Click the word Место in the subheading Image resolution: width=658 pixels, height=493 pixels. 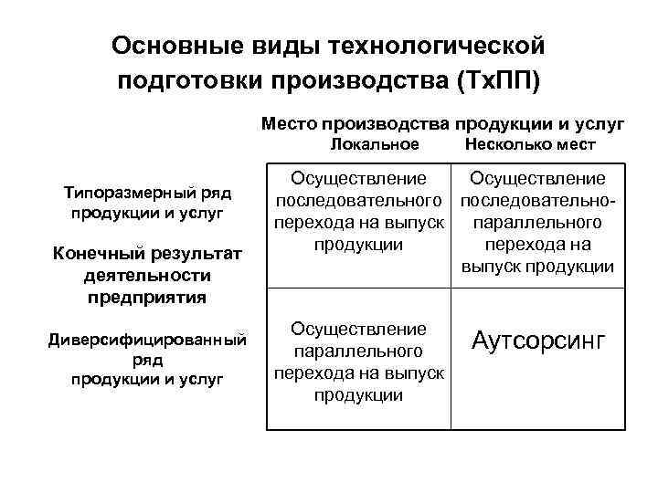[292, 121]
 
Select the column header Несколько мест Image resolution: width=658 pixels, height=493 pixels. [530, 144]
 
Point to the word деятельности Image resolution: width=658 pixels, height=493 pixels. [147, 275]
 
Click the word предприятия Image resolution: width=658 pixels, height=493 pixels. [147, 297]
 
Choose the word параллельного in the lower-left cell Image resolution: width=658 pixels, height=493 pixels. [357, 351]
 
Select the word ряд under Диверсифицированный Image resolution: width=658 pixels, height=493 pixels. [147, 360]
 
